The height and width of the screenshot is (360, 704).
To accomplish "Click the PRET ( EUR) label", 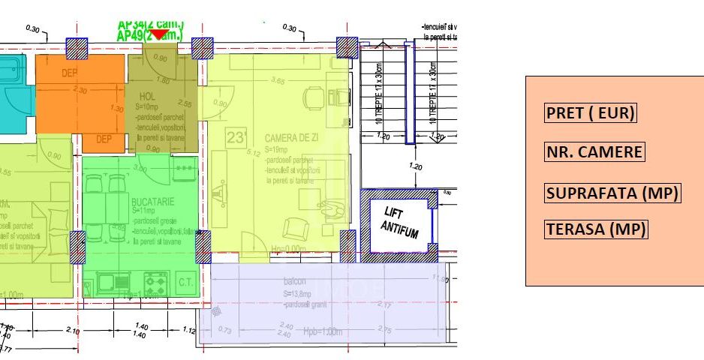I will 590,113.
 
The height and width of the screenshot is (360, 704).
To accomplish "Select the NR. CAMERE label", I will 594,152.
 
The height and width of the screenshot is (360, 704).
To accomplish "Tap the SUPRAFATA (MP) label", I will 612,193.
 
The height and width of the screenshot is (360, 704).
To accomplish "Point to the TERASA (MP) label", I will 595,229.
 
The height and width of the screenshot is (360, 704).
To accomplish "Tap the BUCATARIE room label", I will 152,202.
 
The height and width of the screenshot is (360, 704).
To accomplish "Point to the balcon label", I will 293,282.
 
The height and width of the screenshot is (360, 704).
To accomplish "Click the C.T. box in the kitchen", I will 186,282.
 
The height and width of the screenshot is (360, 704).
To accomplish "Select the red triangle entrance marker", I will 159,34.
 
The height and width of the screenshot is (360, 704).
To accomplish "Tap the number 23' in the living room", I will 236,137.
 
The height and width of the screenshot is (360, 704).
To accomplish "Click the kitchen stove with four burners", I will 155,283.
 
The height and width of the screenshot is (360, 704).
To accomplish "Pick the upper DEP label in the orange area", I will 70,73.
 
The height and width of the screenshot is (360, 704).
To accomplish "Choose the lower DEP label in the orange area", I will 104,139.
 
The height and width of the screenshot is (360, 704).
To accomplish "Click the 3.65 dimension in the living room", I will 278,81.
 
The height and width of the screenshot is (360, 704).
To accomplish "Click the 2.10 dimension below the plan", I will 73,330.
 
